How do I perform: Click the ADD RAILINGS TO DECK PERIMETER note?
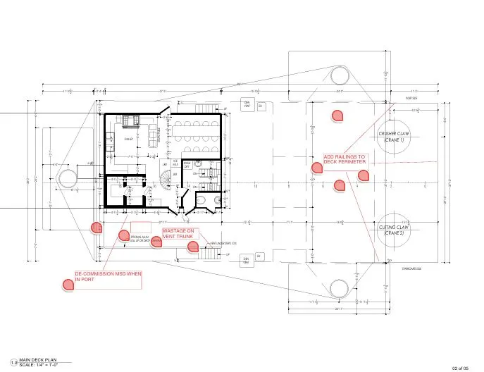(x=345, y=160)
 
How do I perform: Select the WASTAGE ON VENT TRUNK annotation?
(x=179, y=234)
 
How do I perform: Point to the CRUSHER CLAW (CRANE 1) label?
(x=393, y=137)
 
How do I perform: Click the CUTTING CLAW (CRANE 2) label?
(x=393, y=230)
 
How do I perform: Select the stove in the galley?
(x=130, y=121)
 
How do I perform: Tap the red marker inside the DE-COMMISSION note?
(x=68, y=285)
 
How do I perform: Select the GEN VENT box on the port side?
(x=247, y=105)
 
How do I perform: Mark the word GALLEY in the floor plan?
(x=129, y=139)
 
